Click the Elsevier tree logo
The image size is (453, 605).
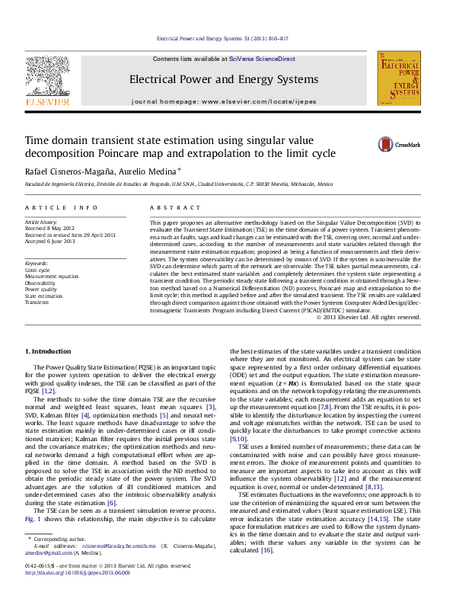coord(48,78)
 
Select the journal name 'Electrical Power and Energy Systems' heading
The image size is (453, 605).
coord(223,80)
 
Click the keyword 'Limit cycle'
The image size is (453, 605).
coord(37,270)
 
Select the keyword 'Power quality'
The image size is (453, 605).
coord(41,290)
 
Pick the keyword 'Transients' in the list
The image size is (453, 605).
coord(38,302)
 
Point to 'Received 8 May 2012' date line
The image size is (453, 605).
coord(50,228)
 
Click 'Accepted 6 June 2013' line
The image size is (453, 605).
coord(50,241)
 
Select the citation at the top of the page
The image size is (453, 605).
coord(222,37)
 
